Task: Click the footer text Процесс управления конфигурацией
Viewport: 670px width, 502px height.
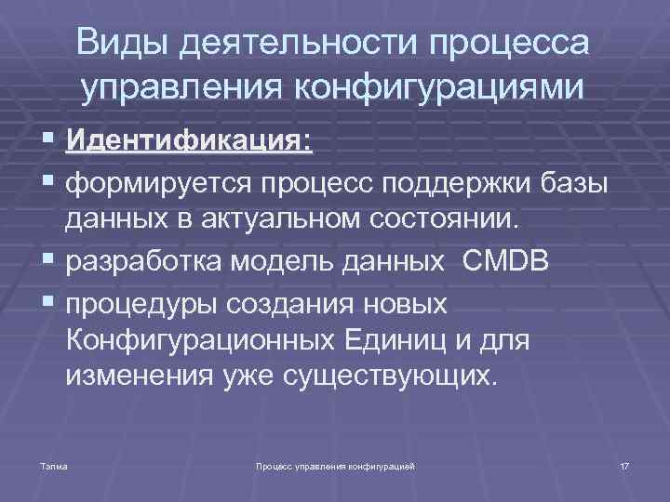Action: (334, 462)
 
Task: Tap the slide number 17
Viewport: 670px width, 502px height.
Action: (624, 462)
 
